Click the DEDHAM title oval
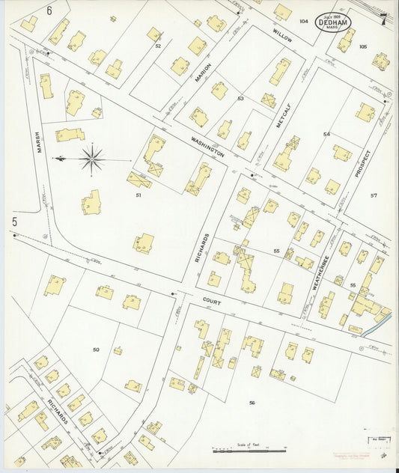click(x=332, y=22)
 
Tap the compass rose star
click(x=92, y=158)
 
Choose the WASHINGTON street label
click(x=207, y=146)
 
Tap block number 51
click(x=138, y=195)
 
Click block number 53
click(x=240, y=99)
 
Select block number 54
click(x=326, y=134)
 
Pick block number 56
click(x=252, y=403)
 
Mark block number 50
click(x=96, y=350)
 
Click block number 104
click(x=303, y=22)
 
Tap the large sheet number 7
click(x=383, y=16)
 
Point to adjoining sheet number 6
click(x=49, y=10)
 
